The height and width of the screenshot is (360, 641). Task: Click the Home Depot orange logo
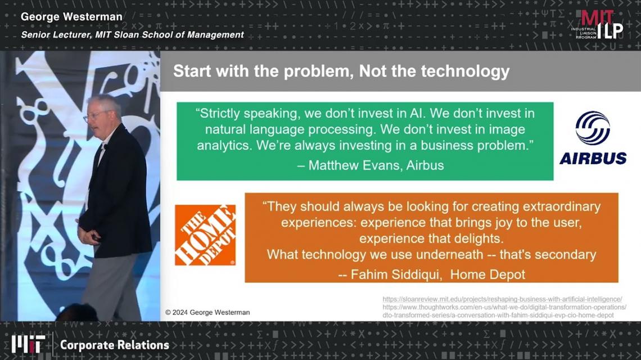(x=205, y=235)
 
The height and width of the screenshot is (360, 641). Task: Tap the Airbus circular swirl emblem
(x=592, y=128)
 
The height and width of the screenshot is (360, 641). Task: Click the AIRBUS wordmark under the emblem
(x=593, y=158)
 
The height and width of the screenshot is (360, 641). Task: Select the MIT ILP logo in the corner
(x=598, y=25)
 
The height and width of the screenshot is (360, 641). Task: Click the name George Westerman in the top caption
(x=71, y=17)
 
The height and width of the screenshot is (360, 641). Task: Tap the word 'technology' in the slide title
(x=465, y=71)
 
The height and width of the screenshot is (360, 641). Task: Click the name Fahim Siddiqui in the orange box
(x=396, y=274)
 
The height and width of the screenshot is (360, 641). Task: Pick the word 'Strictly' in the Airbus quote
(x=219, y=113)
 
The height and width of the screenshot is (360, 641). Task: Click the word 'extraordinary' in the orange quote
(x=562, y=206)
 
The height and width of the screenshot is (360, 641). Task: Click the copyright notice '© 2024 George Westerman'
(x=207, y=312)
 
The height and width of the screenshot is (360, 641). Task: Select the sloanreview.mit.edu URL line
(x=503, y=299)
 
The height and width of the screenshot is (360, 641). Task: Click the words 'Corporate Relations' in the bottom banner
(x=115, y=345)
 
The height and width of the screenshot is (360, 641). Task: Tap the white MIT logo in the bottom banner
(x=28, y=344)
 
